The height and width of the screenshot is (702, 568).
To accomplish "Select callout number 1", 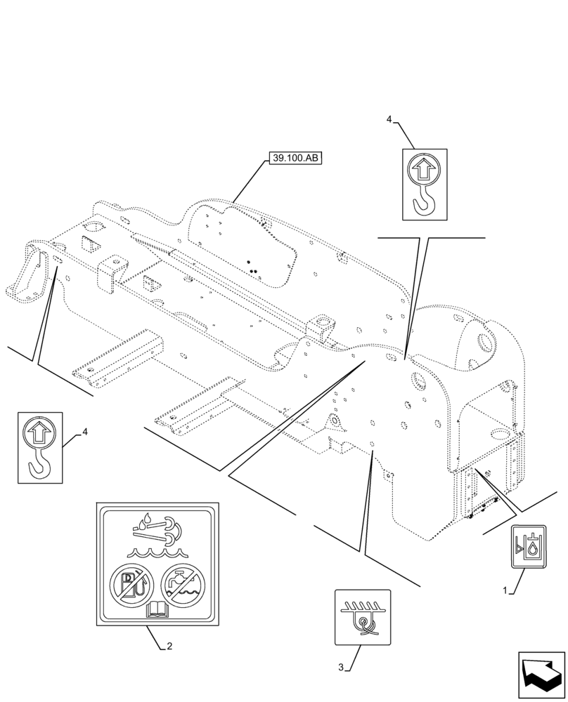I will [x=505, y=592].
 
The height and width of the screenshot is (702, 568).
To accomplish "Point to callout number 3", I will [x=341, y=667].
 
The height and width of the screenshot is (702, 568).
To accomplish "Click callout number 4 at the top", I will [x=389, y=120].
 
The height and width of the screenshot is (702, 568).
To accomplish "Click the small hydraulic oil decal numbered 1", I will [x=528, y=545].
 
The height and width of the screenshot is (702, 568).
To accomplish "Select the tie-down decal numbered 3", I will [x=362, y=616].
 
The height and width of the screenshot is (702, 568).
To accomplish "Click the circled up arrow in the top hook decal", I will [x=425, y=169].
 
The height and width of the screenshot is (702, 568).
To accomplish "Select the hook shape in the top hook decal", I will [x=425, y=202].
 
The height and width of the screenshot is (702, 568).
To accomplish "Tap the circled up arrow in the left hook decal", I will [x=39, y=432].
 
